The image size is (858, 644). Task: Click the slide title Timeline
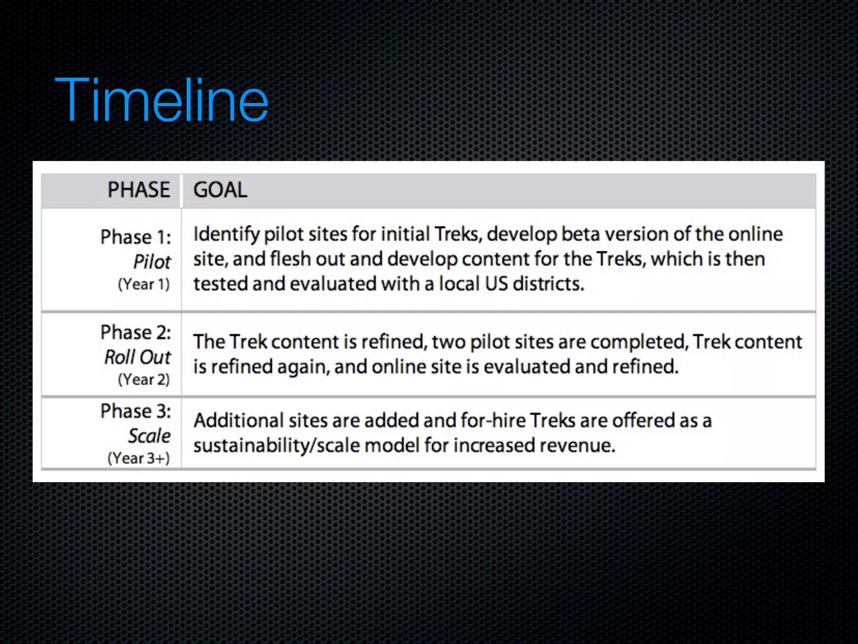coord(161,101)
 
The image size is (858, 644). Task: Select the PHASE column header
coord(139,190)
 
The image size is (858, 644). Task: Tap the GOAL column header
coord(220,190)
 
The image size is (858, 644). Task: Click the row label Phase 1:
coord(136,237)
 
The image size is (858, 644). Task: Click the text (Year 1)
coord(144,285)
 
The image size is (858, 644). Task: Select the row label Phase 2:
coord(136,332)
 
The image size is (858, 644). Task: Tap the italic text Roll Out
coord(138,358)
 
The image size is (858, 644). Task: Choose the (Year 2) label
coord(144,380)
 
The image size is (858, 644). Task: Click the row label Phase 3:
coord(136,411)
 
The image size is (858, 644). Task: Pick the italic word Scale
coord(150,436)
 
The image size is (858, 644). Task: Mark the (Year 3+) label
coord(139,458)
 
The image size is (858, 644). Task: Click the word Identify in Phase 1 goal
coord(226,234)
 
